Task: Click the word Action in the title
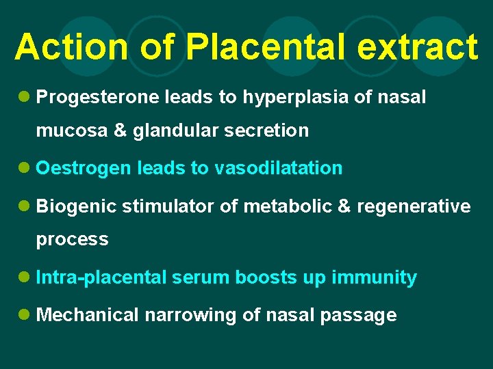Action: (x=71, y=47)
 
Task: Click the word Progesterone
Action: (x=98, y=98)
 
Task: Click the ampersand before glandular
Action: (x=121, y=130)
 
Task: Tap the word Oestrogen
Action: (x=83, y=169)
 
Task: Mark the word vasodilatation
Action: (x=279, y=168)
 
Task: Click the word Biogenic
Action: (x=77, y=207)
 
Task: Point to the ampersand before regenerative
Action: (x=344, y=206)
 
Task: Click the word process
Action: (x=72, y=240)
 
